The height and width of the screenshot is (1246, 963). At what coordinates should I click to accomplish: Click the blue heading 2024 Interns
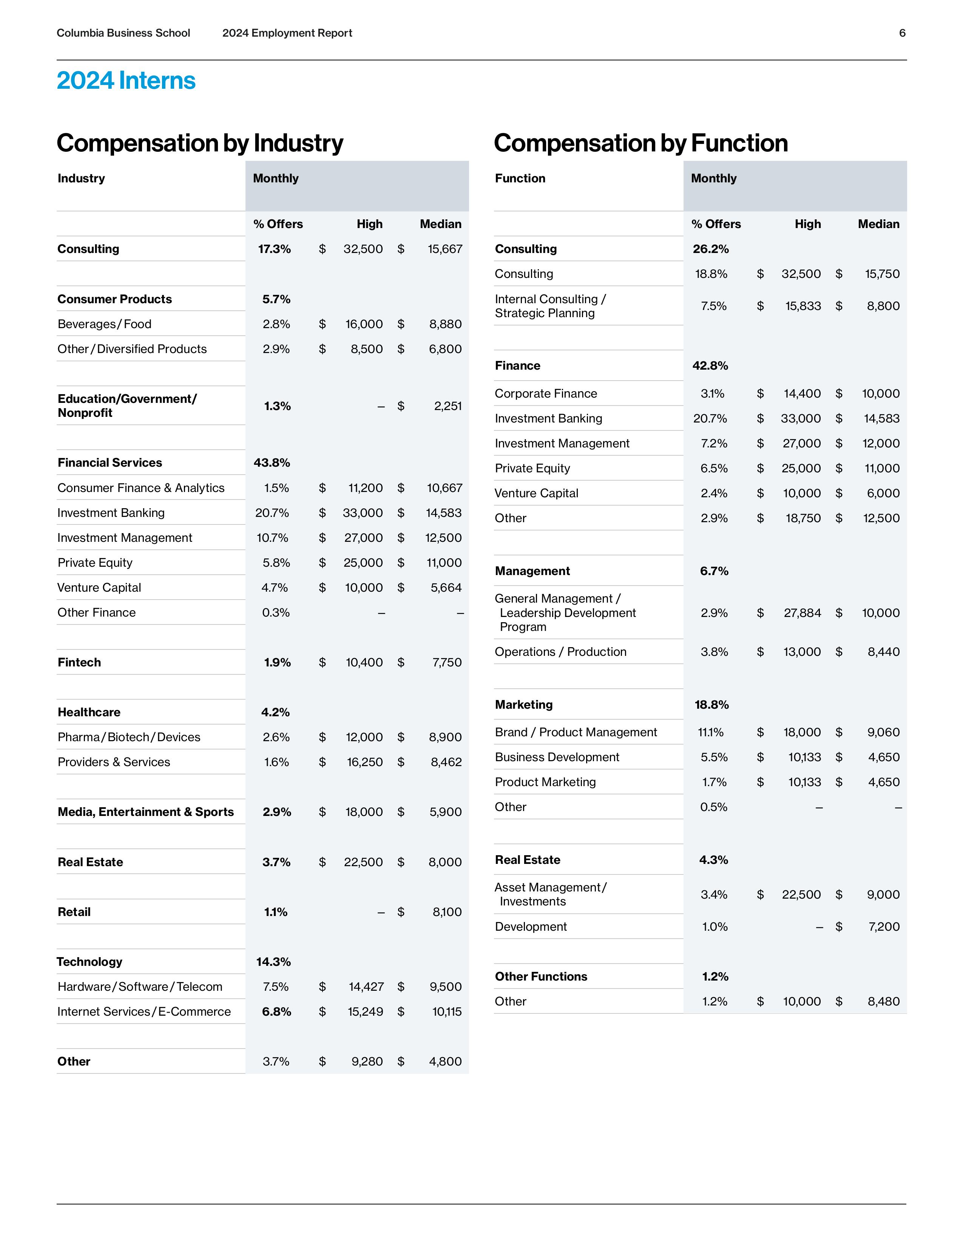coord(126,80)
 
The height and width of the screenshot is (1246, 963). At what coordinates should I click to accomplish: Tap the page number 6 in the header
coord(902,33)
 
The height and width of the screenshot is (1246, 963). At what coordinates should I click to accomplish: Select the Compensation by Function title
coord(640,143)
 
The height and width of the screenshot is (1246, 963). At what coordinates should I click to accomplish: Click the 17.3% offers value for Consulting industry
coord(275,249)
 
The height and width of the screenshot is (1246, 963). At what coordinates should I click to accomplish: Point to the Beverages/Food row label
coord(104,324)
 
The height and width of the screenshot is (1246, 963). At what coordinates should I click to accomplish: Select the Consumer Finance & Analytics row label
coord(141,488)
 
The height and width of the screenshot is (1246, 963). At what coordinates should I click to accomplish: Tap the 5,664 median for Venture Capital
coord(446,588)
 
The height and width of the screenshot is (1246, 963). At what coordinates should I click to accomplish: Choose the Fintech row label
coord(79,662)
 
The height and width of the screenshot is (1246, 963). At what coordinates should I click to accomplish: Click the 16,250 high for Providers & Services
coord(364,762)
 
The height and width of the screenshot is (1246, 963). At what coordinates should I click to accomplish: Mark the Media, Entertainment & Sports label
coord(145,812)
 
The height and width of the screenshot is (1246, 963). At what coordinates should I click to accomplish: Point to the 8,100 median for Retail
coord(447,912)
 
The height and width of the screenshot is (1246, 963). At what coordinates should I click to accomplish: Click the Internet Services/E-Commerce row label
coord(144,1012)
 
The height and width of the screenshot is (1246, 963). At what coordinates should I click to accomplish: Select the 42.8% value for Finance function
coord(710,366)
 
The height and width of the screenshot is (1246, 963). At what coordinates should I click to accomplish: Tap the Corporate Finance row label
coord(546,394)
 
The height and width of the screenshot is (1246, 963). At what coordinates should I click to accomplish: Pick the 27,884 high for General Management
coord(802,613)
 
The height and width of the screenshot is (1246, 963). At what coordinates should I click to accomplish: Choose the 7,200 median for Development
coord(884,927)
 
